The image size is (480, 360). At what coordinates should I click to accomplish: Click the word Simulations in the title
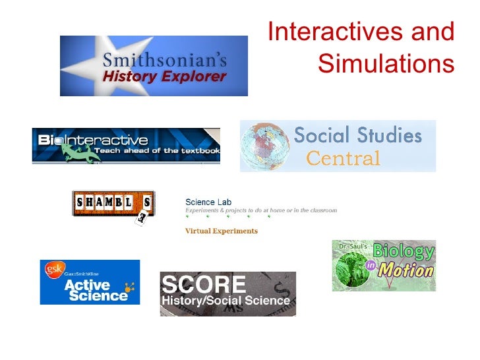pyautogui.click(x=386, y=64)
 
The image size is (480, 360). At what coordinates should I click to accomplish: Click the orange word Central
pyautogui.click(x=344, y=158)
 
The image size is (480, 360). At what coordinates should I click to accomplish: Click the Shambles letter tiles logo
pyautogui.click(x=113, y=204)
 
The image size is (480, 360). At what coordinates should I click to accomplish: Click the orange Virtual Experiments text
pyautogui.click(x=222, y=231)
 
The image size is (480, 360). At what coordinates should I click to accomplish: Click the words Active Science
pyautogui.click(x=96, y=290)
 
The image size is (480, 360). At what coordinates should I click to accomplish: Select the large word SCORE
pyautogui.click(x=204, y=285)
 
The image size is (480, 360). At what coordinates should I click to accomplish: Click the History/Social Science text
pyautogui.click(x=226, y=301)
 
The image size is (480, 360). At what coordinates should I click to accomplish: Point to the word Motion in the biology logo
pyautogui.click(x=409, y=270)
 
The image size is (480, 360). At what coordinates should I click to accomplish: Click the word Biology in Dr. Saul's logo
pyautogui.click(x=403, y=251)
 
